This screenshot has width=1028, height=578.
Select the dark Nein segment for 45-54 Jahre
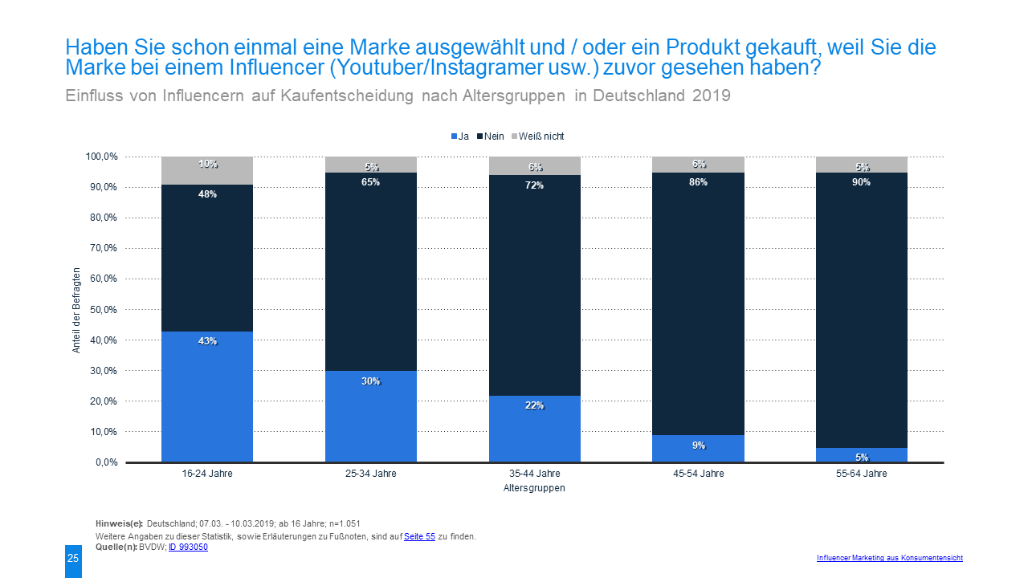[698, 305]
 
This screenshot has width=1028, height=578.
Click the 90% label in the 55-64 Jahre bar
[862, 182]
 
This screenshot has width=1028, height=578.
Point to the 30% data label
[370, 381]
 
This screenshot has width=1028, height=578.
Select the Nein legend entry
[491, 136]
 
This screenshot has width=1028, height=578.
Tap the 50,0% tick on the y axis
[100, 310]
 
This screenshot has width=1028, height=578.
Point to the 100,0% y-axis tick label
[99, 157]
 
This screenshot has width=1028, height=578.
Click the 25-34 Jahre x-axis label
[370, 474]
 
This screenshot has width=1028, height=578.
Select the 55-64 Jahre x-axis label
[862, 474]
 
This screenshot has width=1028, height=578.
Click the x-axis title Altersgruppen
[534, 488]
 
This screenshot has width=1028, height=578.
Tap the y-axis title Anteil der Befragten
[77, 310]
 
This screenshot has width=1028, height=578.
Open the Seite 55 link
[419, 536]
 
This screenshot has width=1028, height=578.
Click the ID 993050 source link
[188, 547]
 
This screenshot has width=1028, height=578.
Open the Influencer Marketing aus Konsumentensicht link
[889, 558]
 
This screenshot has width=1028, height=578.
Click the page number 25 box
[73, 559]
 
